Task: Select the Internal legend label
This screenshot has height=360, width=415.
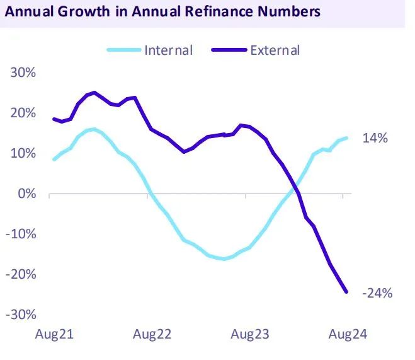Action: pyautogui.click(x=168, y=50)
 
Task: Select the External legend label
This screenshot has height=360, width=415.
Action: pyautogui.click(x=275, y=50)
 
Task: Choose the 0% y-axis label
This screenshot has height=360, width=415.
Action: pyautogui.click(x=27, y=194)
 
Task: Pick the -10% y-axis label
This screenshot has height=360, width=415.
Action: pyautogui.click(x=22, y=234)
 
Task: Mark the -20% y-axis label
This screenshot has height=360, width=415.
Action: pyautogui.click(x=22, y=274)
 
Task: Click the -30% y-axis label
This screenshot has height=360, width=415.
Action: pyautogui.click(x=22, y=315)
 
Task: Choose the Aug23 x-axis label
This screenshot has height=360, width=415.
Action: pyautogui.click(x=249, y=335)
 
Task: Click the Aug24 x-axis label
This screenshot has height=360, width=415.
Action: pyautogui.click(x=345, y=335)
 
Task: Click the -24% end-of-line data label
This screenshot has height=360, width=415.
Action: pyautogui.click(x=377, y=293)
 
